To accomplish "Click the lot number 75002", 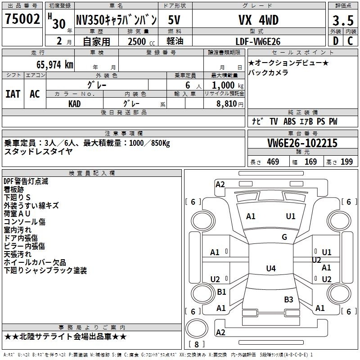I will pyautogui.click(x=22, y=19).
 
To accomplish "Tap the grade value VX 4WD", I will pyautogui.click(x=258, y=20).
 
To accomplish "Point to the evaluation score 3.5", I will pyautogui.click(x=343, y=21).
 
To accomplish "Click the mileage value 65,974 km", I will pyautogui.click(x=50, y=65).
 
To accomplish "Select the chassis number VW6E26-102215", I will pyautogui.click(x=302, y=143).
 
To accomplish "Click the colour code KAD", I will pyautogui.click(x=75, y=103).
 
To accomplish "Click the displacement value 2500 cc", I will pyautogui.click(x=137, y=41).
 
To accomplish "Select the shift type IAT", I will pyautogui.click(x=13, y=94).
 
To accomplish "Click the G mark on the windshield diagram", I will pyautogui.click(x=284, y=237).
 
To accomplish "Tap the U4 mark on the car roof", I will pyautogui.click(x=271, y=269).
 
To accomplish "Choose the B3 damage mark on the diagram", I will pyautogui.click(x=288, y=300).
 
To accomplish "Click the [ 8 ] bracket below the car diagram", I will pyautogui.click(x=196, y=345).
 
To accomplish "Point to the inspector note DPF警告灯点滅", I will pyautogui.click(x=26, y=181).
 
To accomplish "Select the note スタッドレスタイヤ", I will pyautogui.click(x=38, y=152).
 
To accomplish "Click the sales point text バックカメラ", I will pyautogui.click(x=268, y=72).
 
